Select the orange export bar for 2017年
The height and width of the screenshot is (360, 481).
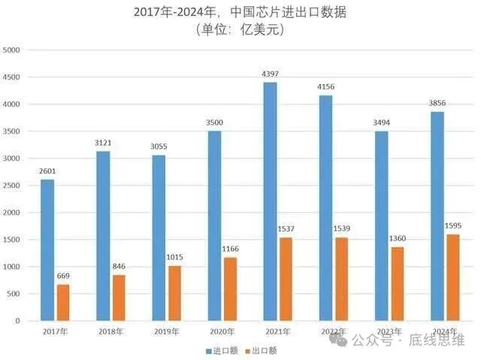pyautogui.click(x=63, y=302)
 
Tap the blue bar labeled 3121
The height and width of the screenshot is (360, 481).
pyautogui.click(x=103, y=236)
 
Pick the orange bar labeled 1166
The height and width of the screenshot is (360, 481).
pyautogui.click(x=230, y=289)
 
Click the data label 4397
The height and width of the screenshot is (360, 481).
pyautogui.click(x=269, y=74)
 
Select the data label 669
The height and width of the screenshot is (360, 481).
pyautogui.click(x=64, y=276)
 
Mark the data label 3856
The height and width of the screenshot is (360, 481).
pyautogui.click(x=439, y=104)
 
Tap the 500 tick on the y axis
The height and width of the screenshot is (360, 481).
pyautogui.click(x=16, y=294)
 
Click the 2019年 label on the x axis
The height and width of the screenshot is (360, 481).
pyautogui.click(x=166, y=331)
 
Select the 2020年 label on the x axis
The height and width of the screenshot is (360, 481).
pyautogui.click(x=222, y=331)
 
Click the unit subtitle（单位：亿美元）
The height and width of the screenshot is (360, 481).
pyautogui.click(x=240, y=30)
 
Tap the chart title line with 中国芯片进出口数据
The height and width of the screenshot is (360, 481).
pyautogui.click(x=240, y=12)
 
